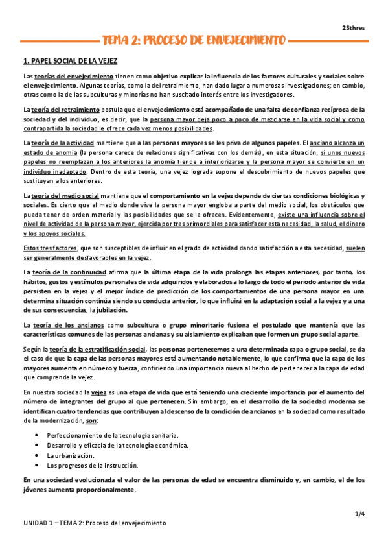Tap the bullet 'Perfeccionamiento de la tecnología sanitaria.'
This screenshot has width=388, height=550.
coord(112,435)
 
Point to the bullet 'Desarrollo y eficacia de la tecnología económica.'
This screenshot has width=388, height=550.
coord(117,445)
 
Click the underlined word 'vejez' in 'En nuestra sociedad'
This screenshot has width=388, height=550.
coord(99,392)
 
